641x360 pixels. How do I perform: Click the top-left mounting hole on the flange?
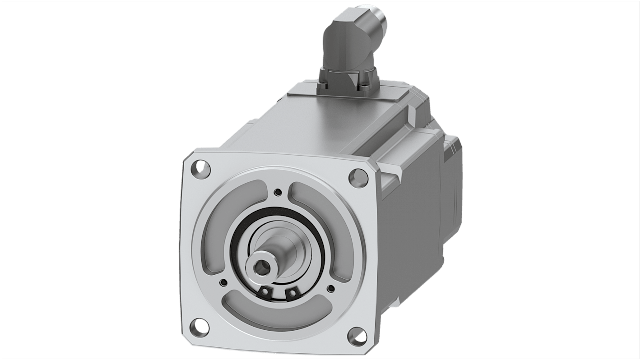coord(201,169)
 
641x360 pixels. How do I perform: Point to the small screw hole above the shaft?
coord(279,193)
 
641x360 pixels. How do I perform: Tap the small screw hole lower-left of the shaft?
coord(223,283)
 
